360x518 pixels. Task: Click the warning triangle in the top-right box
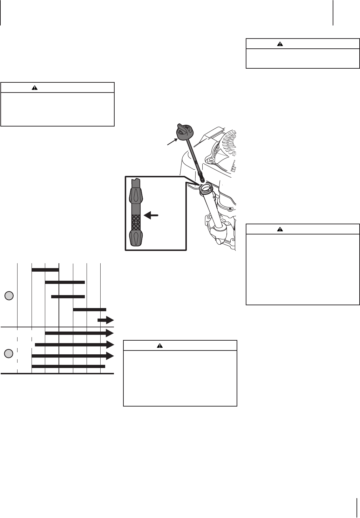[280, 44]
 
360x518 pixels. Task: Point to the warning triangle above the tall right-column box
[280, 229]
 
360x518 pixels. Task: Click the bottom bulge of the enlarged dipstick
[136, 238]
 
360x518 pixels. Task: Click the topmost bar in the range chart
[45, 270]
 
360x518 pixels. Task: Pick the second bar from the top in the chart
[65, 282]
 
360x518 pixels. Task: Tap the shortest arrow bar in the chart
[106, 320]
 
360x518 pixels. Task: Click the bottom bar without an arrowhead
[68, 367]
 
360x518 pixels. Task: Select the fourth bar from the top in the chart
[89, 309]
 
